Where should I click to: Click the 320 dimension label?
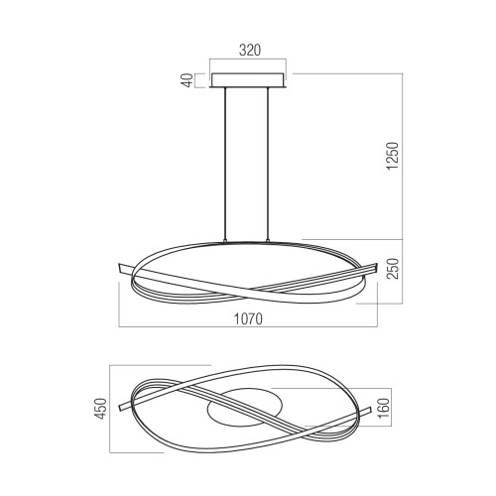pyautogui.click(x=250, y=51)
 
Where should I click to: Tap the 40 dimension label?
pyautogui.click(x=188, y=80)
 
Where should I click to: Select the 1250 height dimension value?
pyautogui.click(x=393, y=156)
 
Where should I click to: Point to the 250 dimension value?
pyautogui.click(x=393, y=269)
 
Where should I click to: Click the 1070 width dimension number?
pyautogui.click(x=248, y=318)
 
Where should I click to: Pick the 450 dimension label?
pyautogui.click(x=102, y=409)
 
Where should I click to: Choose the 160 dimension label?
pyautogui.click(x=384, y=408)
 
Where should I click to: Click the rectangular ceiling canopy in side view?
pyautogui.click(x=248, y=80)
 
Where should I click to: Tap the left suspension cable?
pyautogui.click(x=225, y=165)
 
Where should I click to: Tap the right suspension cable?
pyautogui.click(x=268, y=165)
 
